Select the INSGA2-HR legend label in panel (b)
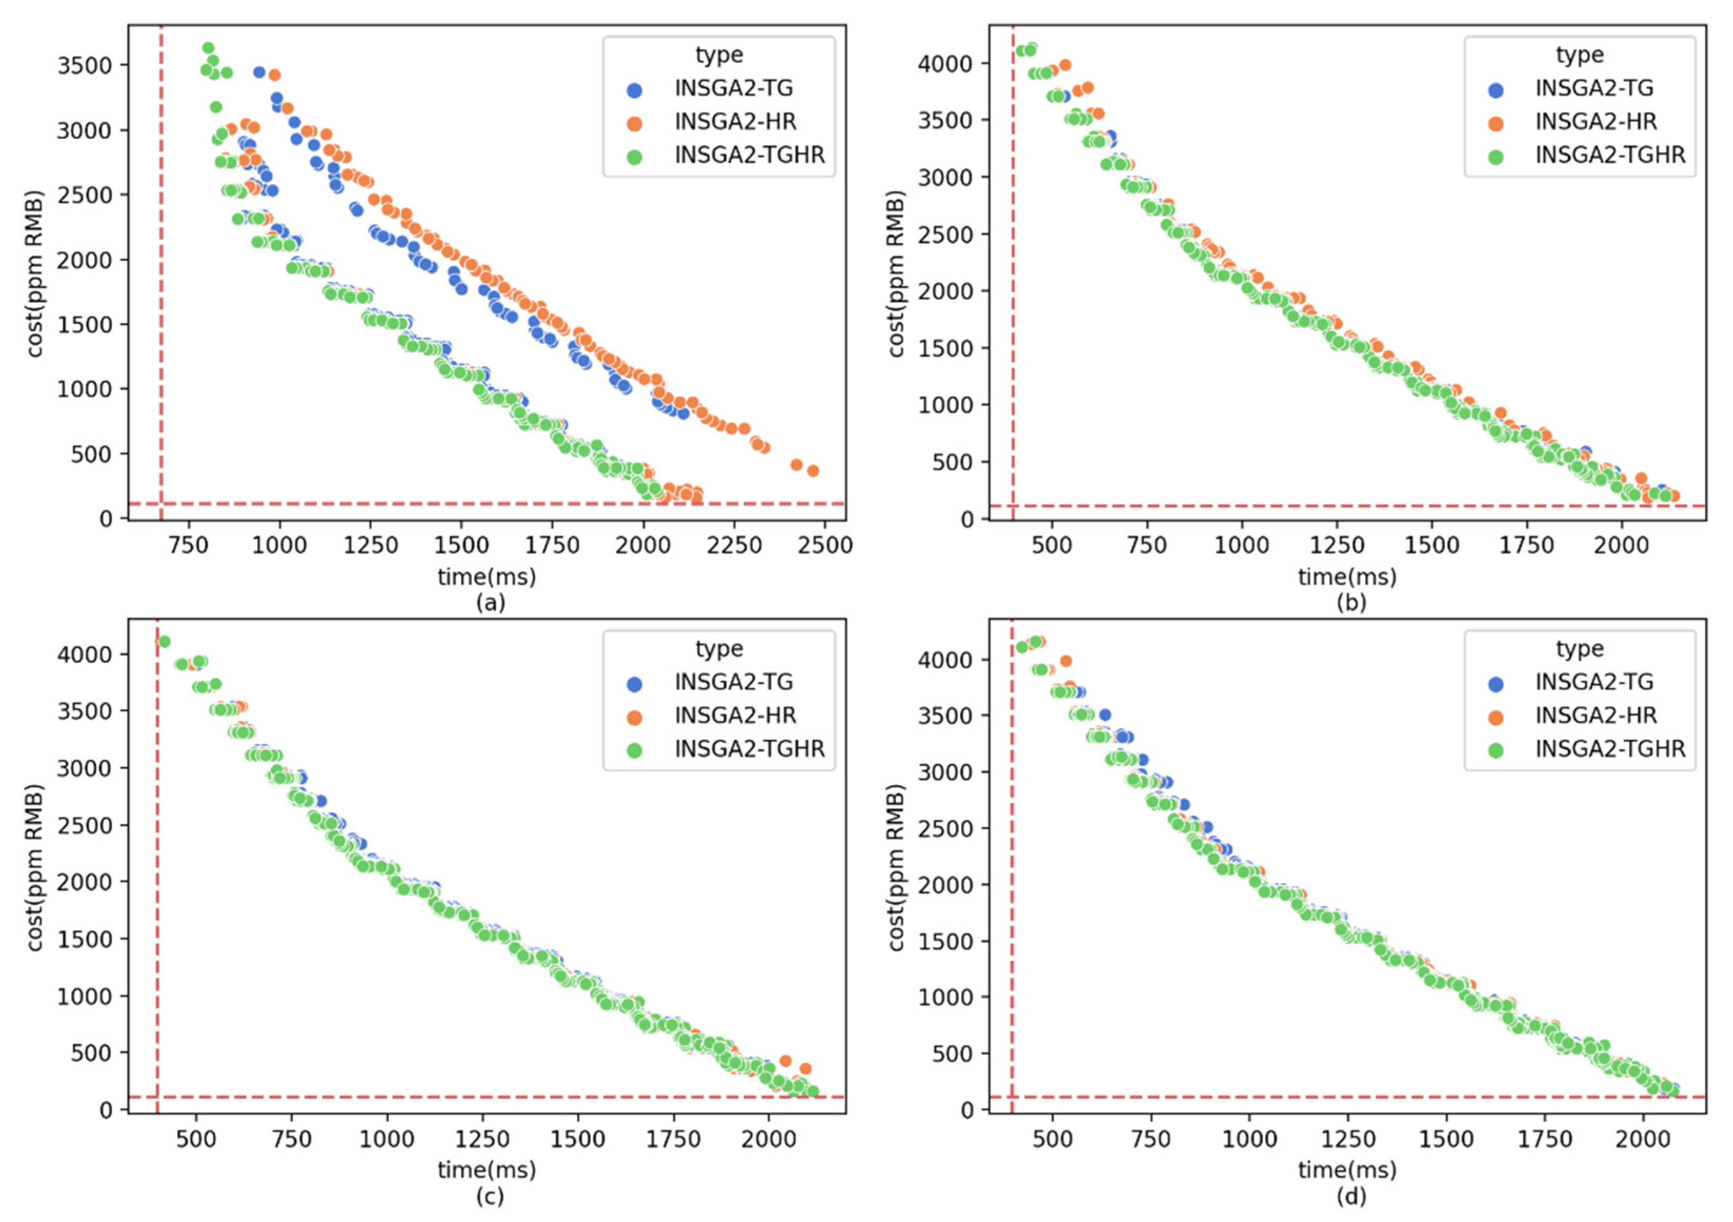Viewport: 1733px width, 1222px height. point(1596,121)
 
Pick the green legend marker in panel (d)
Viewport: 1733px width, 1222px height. point(1495,750)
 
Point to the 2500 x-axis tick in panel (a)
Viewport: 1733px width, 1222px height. point(824,545)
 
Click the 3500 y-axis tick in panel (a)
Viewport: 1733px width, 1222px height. point(84,66)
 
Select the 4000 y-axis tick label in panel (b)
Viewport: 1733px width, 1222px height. point(944,64)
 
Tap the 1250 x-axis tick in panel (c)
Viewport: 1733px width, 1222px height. point(482,1138)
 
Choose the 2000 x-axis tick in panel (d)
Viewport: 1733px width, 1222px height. point(1643,1138)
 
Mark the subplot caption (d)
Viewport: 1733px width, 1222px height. point(1350,1196)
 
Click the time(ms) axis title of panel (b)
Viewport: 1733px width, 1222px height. point(1347,577)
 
